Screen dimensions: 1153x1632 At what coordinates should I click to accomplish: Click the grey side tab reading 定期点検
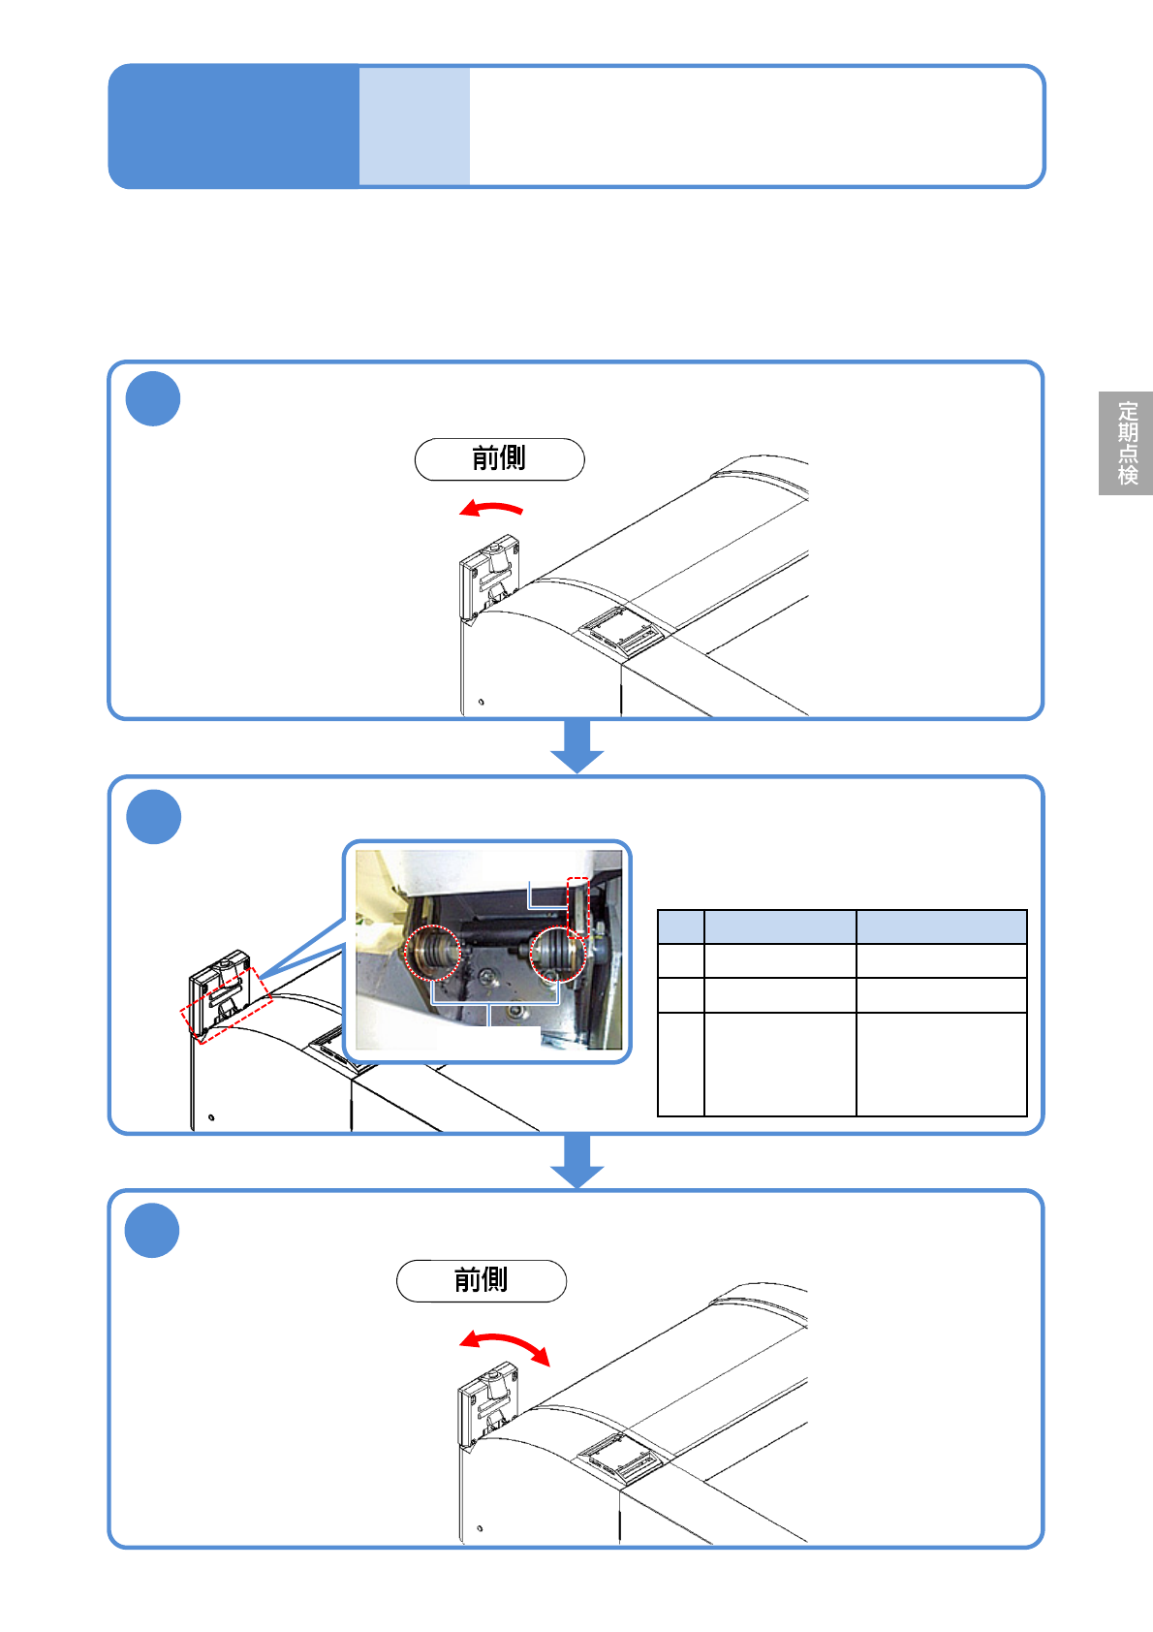tap(1125, 443)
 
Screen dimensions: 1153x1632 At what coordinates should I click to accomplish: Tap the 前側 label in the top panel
tap(500, 459)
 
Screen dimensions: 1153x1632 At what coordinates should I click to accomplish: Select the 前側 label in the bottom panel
tap(482, 1281)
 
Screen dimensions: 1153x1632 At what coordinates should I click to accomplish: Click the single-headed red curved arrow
tap(491, 507)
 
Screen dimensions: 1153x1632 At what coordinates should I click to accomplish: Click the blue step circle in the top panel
tap(153, 398)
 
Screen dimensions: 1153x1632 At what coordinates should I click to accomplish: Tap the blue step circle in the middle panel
tap(154, 817)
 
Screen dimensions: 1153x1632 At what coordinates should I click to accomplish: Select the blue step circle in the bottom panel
tap(152, 1230)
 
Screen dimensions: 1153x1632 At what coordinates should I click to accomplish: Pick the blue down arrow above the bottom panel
tap(576, 1161)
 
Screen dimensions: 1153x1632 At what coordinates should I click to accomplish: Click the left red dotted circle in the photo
tap(433, 953)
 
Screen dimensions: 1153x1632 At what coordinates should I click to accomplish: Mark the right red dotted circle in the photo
tap(557, 955)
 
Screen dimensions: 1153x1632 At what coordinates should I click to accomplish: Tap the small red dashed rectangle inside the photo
tap(577, 907)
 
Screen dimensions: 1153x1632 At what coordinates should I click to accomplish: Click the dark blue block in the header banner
tap(234, 126)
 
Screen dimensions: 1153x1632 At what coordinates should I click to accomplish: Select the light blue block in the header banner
tap(415, 126)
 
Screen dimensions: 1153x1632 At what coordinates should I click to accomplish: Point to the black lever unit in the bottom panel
tap(487, 1408)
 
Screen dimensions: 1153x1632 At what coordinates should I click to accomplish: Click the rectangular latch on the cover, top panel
tap(620, 631)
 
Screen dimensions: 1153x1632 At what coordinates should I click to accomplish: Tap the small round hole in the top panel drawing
tap(481, 703)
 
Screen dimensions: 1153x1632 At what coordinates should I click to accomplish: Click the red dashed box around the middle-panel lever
tap(227, 1005)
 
